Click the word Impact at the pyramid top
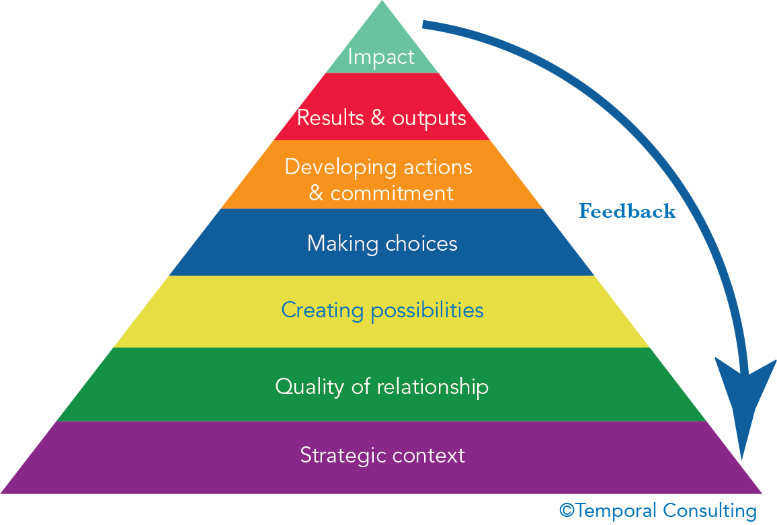click(x=381, y=57)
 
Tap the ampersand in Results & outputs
click(x=377, y=118)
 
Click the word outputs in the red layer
click(x=429, y=118)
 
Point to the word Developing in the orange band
click(x=340, y=167)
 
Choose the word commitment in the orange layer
click(x=392, y=194)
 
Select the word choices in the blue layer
click(x=421, y=243)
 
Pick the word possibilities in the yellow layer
click(x=427, y=311)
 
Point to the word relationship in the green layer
click(x=432, y=387)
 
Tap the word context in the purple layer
click(x=429, y=455)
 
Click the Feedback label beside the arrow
click(x=626, y=211)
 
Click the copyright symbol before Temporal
click(x=566, y=510)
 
